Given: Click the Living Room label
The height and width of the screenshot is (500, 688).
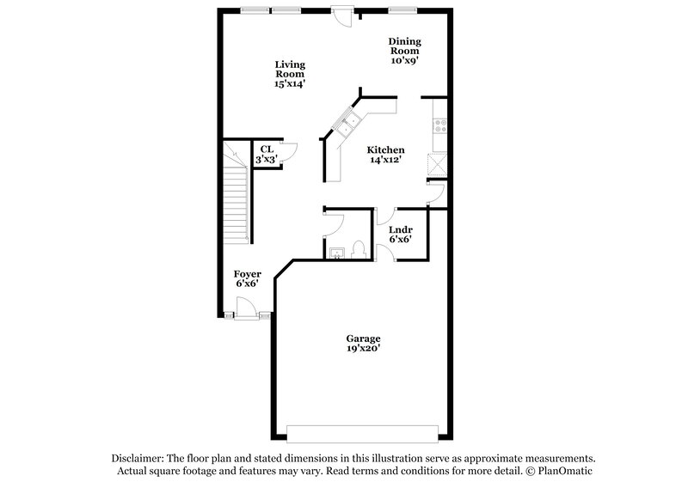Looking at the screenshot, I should pyautogui.click(x=290, y=74).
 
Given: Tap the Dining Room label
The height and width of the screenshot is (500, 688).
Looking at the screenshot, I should pyautogui.click(x=404, y=51).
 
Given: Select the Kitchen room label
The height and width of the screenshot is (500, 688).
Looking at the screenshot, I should pyautogui.click(x=386, y=155).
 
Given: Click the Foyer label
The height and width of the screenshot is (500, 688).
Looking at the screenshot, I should pyautogui.click(x=248, y=278).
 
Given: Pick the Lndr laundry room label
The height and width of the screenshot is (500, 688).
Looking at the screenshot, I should pyautogui.click(x=401, y=234).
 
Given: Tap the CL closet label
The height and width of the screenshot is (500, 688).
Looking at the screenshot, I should pyautogui.click(x=268, y=154).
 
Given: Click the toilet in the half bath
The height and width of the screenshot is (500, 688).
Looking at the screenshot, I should pyautogui.click(x=359, y=250).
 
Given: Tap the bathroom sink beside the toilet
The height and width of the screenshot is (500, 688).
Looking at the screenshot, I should pyautogui.click(x=338, y=252).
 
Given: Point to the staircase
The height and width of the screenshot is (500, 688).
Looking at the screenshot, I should pyautogui.click(x=236, y=193).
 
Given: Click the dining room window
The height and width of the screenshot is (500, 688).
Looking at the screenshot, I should pyautogui.click(x=400, y=10).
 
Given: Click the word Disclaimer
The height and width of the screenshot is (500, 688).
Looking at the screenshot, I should pyautogui.click(x=138, y=459).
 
